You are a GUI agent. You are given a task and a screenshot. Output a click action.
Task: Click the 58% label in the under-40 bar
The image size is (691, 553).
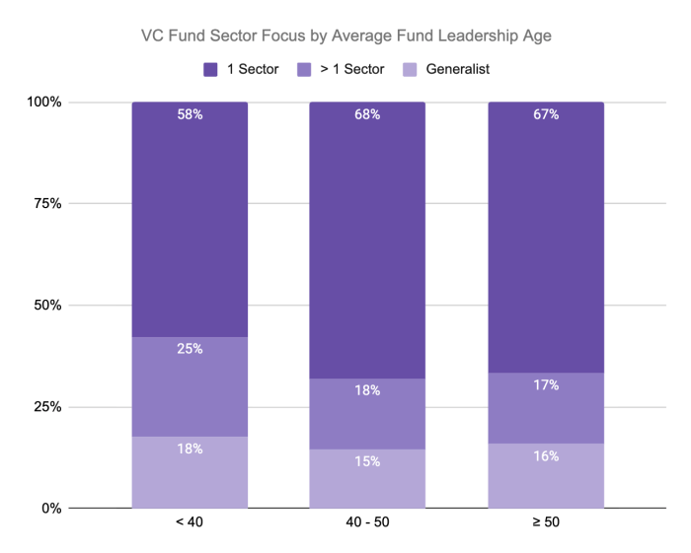click(x=190, y=114)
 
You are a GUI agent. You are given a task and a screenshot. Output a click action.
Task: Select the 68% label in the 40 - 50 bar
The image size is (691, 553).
click(x=367, y=114)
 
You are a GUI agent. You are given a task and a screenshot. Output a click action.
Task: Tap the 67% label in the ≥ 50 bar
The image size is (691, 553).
click(x=546, y=114)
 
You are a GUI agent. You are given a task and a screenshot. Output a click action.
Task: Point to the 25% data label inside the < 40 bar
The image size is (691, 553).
click(x=190, y=349)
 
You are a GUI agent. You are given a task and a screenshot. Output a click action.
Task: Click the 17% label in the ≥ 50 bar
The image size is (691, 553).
click(x=546, y=385)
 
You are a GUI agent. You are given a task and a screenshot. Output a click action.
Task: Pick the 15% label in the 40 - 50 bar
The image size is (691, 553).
click(x=367, y=461)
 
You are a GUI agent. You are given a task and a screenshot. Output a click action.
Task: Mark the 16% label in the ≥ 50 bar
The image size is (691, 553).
click(x=546, y=456)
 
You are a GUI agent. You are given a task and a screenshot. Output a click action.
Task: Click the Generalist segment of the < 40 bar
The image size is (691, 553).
click(x=190, y=472)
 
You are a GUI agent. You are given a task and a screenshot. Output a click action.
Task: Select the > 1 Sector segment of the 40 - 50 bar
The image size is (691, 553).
click(x=367, y=414)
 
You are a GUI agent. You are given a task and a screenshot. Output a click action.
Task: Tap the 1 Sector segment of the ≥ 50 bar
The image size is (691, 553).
click(x=546, y=238)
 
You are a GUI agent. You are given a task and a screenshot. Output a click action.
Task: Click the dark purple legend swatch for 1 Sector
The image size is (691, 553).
click(x=210, y=70)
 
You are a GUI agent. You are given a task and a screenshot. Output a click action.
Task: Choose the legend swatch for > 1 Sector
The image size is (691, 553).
click(x=304, y=70)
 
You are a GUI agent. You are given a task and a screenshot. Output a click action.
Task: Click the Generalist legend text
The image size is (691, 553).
click(x=458, y=69)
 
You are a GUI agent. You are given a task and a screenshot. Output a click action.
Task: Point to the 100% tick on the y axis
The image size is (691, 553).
click(x=44, y=103)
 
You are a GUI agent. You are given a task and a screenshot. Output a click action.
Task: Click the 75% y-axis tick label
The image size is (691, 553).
click(x=47, y=204)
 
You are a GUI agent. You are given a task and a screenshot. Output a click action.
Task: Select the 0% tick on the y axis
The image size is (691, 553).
click(x=51, y=509)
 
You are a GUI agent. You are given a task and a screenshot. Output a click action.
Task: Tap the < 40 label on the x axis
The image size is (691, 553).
click(x=190, y=522)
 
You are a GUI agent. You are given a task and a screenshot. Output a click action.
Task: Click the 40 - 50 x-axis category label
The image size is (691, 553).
click(x=367, y=522)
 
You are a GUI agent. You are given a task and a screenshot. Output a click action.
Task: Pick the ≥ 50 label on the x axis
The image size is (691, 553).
click(x=546, y=522)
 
